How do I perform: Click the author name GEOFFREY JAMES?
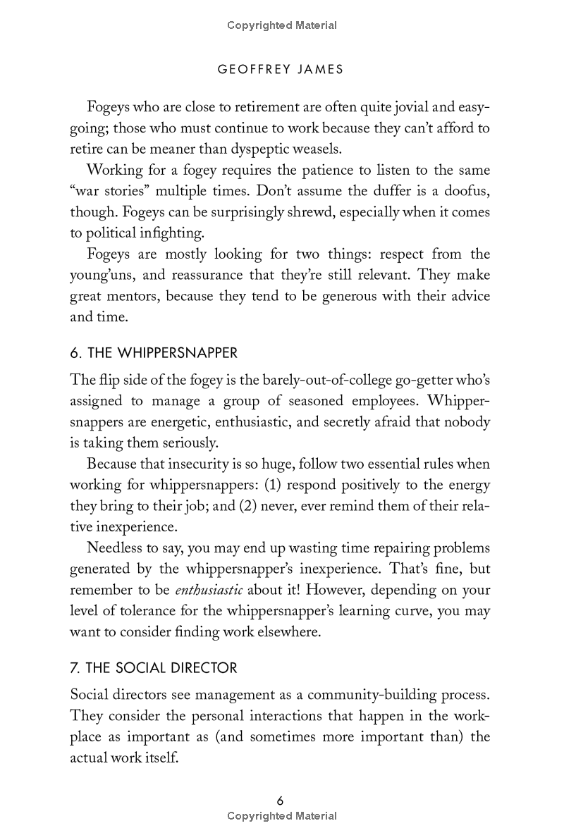[x=281, y=69]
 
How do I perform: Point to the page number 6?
[x=281, y=801]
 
